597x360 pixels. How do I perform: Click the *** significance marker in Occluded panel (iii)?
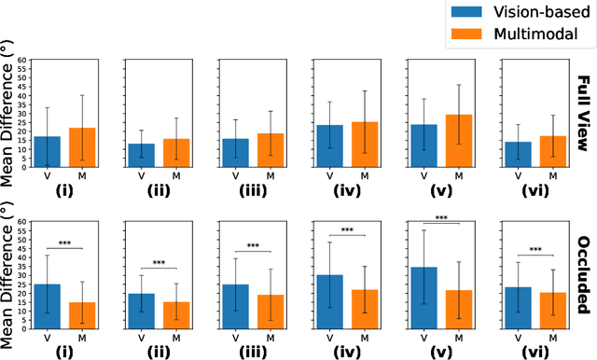coord(254,246)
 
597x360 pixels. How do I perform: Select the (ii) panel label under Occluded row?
coord(160,352)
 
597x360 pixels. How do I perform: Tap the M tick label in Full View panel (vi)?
coord(552,175)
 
